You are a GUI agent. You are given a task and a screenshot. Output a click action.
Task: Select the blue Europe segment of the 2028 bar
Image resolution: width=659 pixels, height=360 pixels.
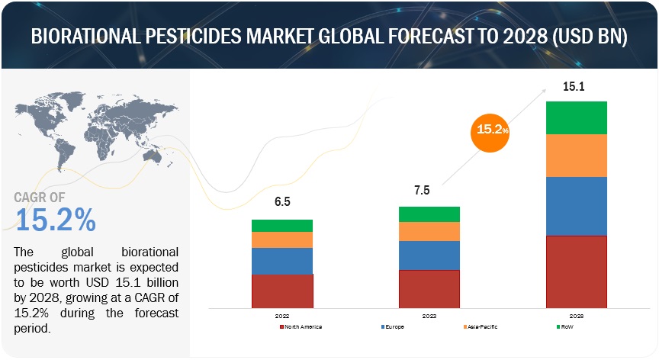click(577, 206)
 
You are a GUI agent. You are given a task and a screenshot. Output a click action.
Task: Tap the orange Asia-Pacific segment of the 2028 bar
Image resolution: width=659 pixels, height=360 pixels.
click(577, 156)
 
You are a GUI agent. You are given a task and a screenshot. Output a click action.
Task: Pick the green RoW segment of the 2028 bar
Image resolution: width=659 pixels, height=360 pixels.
click(577, 117)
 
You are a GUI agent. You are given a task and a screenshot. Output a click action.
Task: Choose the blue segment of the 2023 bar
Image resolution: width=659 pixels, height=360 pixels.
click(429, 256)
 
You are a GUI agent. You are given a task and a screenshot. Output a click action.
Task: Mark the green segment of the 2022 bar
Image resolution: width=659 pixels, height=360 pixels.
click(282, 226)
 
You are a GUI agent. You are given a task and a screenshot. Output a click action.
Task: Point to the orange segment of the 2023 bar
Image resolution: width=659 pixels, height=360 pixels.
click(429, 231)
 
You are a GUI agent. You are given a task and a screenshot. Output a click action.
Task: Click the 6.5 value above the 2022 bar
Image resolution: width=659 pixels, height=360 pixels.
click(282, 203)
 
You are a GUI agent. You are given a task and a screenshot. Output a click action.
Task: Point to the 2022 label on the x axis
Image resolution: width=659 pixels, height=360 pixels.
click(281, 314)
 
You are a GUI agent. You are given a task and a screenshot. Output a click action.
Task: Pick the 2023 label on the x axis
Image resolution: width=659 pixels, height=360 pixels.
click(429, 314)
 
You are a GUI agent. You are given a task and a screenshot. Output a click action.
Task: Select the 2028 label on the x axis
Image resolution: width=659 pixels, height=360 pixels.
click(576, 314)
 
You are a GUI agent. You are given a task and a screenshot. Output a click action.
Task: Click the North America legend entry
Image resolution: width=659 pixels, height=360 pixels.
click(301, 326)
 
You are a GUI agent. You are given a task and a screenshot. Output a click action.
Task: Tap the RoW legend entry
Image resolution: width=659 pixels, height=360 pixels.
click(564, 326)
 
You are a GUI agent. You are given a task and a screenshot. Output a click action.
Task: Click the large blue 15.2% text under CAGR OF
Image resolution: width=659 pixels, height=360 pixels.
click(56, 220)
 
